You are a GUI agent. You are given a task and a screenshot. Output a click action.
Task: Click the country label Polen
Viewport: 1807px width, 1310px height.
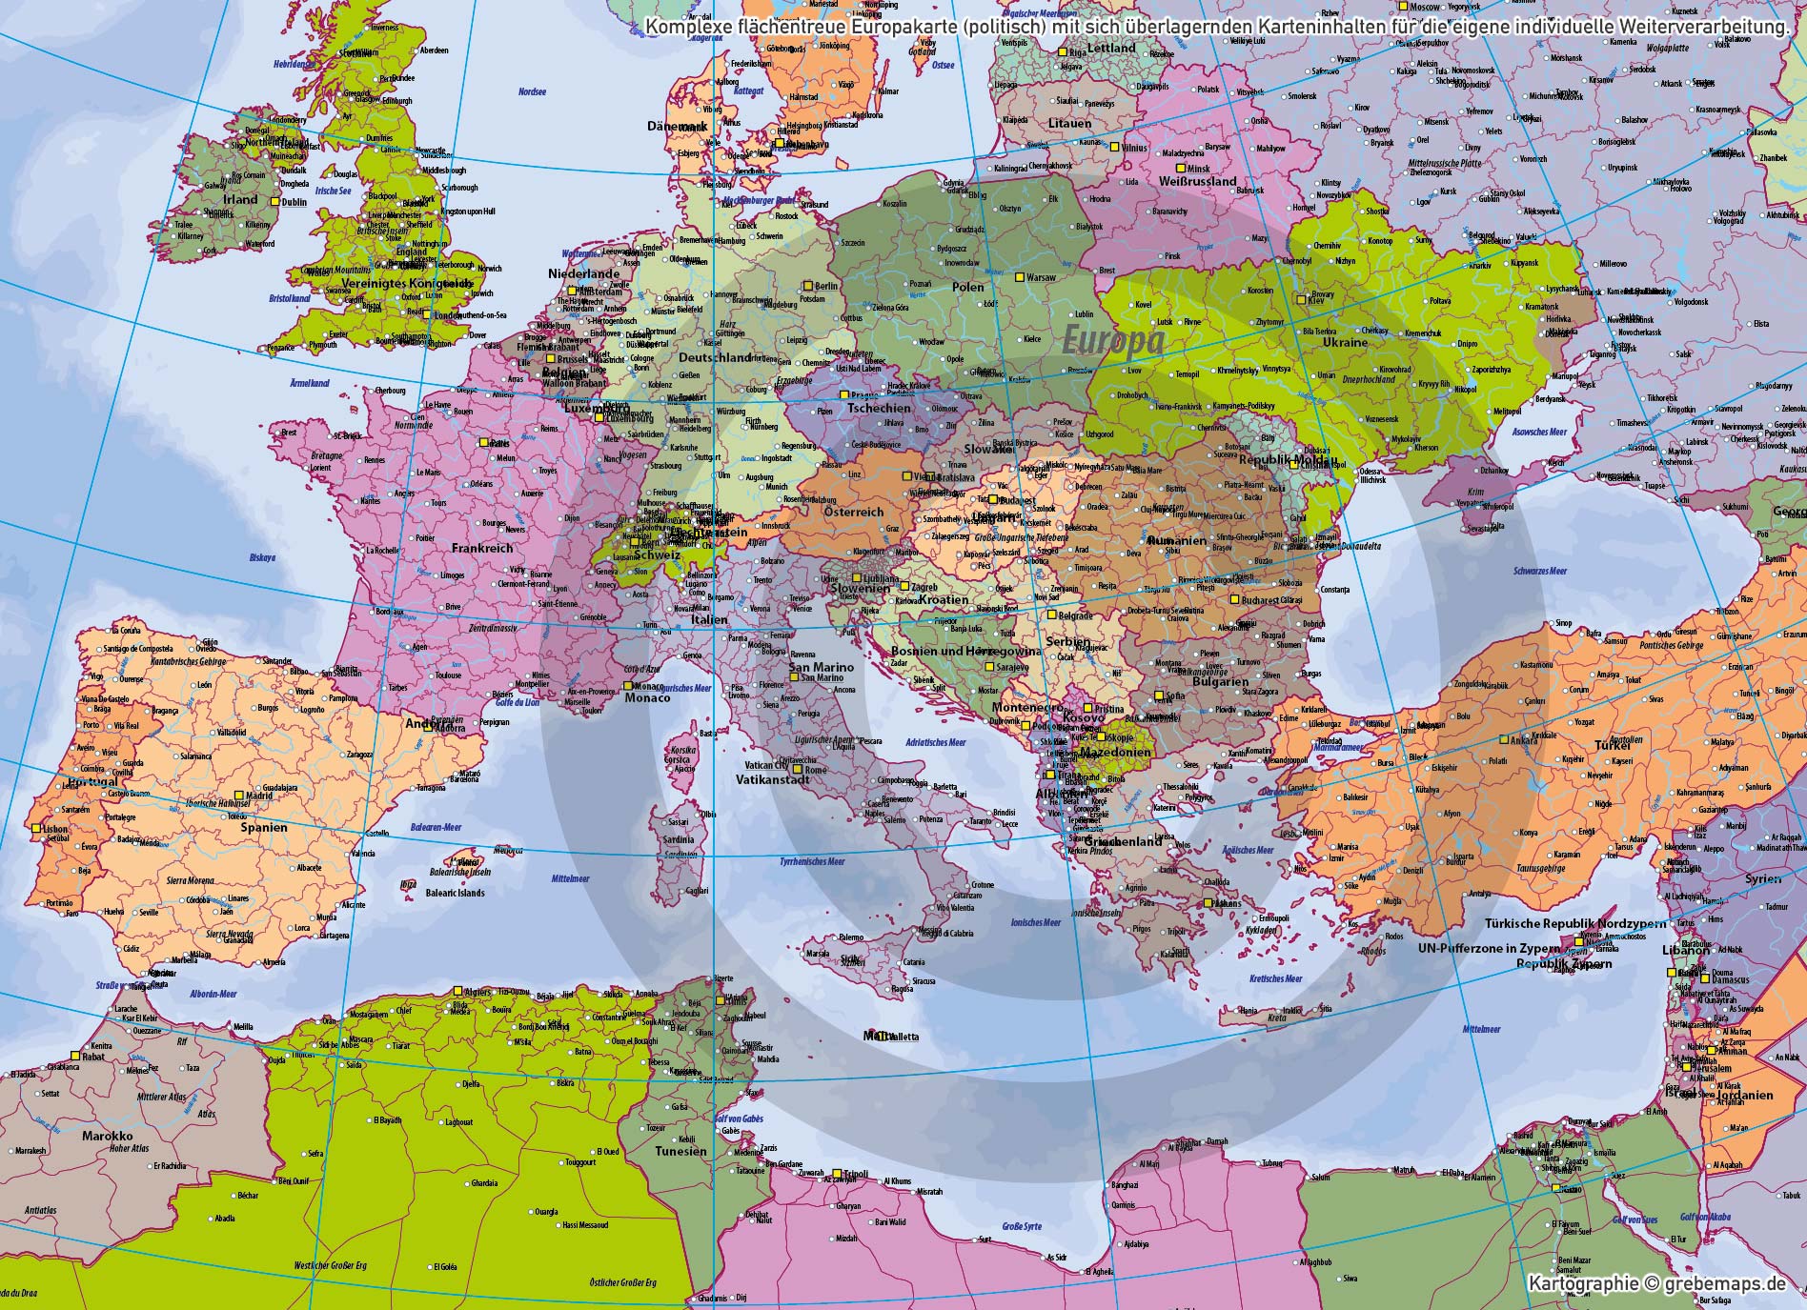pyautogui.click(x=967, y=287)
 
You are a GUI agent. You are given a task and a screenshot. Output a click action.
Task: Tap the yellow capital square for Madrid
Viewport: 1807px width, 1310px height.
pyautogui.click(x=238, y=796)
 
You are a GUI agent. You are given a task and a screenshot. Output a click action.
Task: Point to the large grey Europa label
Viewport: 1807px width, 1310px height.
pyautogui.click(x=1112, y=340)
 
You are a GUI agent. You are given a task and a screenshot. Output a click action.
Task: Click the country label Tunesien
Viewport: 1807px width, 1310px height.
pyautogui.click(x=680, y=1151)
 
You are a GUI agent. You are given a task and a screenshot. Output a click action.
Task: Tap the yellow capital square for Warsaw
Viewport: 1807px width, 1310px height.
pyautogui.click(x=1019, y=277)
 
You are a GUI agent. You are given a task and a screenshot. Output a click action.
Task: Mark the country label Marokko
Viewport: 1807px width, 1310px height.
pyautogui.click(x=107, y=1137)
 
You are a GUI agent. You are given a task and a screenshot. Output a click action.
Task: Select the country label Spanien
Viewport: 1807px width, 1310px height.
pyautogui.click(x=263, y=828)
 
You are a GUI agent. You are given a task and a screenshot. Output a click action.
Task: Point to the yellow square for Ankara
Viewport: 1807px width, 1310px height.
pyautogui.click(x=1503, y=739)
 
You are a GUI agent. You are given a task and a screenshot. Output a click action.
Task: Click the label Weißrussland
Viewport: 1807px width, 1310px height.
pyautogui.click(x=1198, y=181)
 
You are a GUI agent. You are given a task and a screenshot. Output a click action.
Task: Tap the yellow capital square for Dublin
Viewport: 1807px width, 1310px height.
pyautogui.click(x=274, y=202)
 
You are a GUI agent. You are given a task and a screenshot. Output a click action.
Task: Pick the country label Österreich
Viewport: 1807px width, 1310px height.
pyautogui.click(x=854, y=512)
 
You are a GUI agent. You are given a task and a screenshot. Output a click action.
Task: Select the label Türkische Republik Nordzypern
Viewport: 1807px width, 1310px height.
pyautogui.click(x=1574, y=923)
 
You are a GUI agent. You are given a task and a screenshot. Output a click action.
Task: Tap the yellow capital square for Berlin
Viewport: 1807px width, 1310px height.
pyautogui.click(x=807, y=285)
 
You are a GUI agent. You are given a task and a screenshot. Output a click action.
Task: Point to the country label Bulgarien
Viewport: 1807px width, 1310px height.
pyautogui.click(x=1220, y=682)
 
